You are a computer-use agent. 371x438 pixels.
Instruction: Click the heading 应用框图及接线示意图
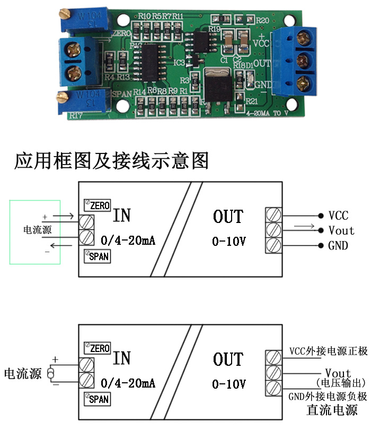click(111, 160)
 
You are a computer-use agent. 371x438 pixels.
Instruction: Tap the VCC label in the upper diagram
click(338, 216)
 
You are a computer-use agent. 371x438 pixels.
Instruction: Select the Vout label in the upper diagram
click(341, 230)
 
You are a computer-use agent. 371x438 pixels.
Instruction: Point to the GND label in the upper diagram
click(338, 245)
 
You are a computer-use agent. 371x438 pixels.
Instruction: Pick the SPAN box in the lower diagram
click(97, 398)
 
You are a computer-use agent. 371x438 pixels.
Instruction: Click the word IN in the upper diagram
click(121, 215)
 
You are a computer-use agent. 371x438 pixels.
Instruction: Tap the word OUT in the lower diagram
click(228, 359)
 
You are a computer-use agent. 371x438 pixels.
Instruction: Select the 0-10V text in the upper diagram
click(229, 242)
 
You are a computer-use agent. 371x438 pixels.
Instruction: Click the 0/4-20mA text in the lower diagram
click(128, 382)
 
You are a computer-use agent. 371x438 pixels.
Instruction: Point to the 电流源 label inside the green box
click(35, 230)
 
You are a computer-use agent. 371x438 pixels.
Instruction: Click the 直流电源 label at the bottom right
click(332, 410)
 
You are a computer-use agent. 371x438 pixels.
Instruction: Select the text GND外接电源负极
click(328, 397)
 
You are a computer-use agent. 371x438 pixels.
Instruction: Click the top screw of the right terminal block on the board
click(304, 37)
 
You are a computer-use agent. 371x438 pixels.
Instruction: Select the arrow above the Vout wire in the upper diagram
click(301, 226)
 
